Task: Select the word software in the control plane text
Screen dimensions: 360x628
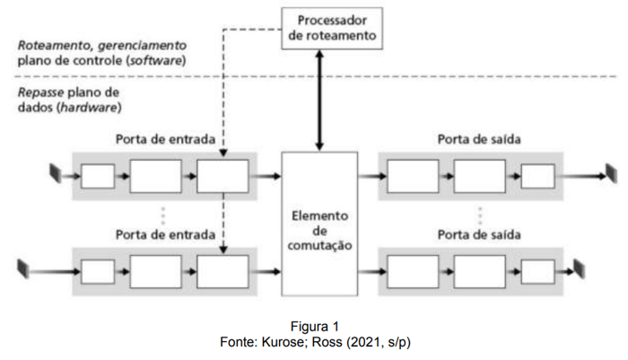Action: (x=158, y=62)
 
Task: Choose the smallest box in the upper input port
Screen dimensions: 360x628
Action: (x=98, y=176)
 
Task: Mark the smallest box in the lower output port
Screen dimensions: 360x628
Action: (x=538, y=270)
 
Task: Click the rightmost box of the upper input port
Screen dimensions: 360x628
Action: (x=222, y=176)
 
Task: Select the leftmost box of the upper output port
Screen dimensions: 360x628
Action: (x=413, y=176)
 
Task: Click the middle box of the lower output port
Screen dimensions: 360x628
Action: (x=478, y=270)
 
